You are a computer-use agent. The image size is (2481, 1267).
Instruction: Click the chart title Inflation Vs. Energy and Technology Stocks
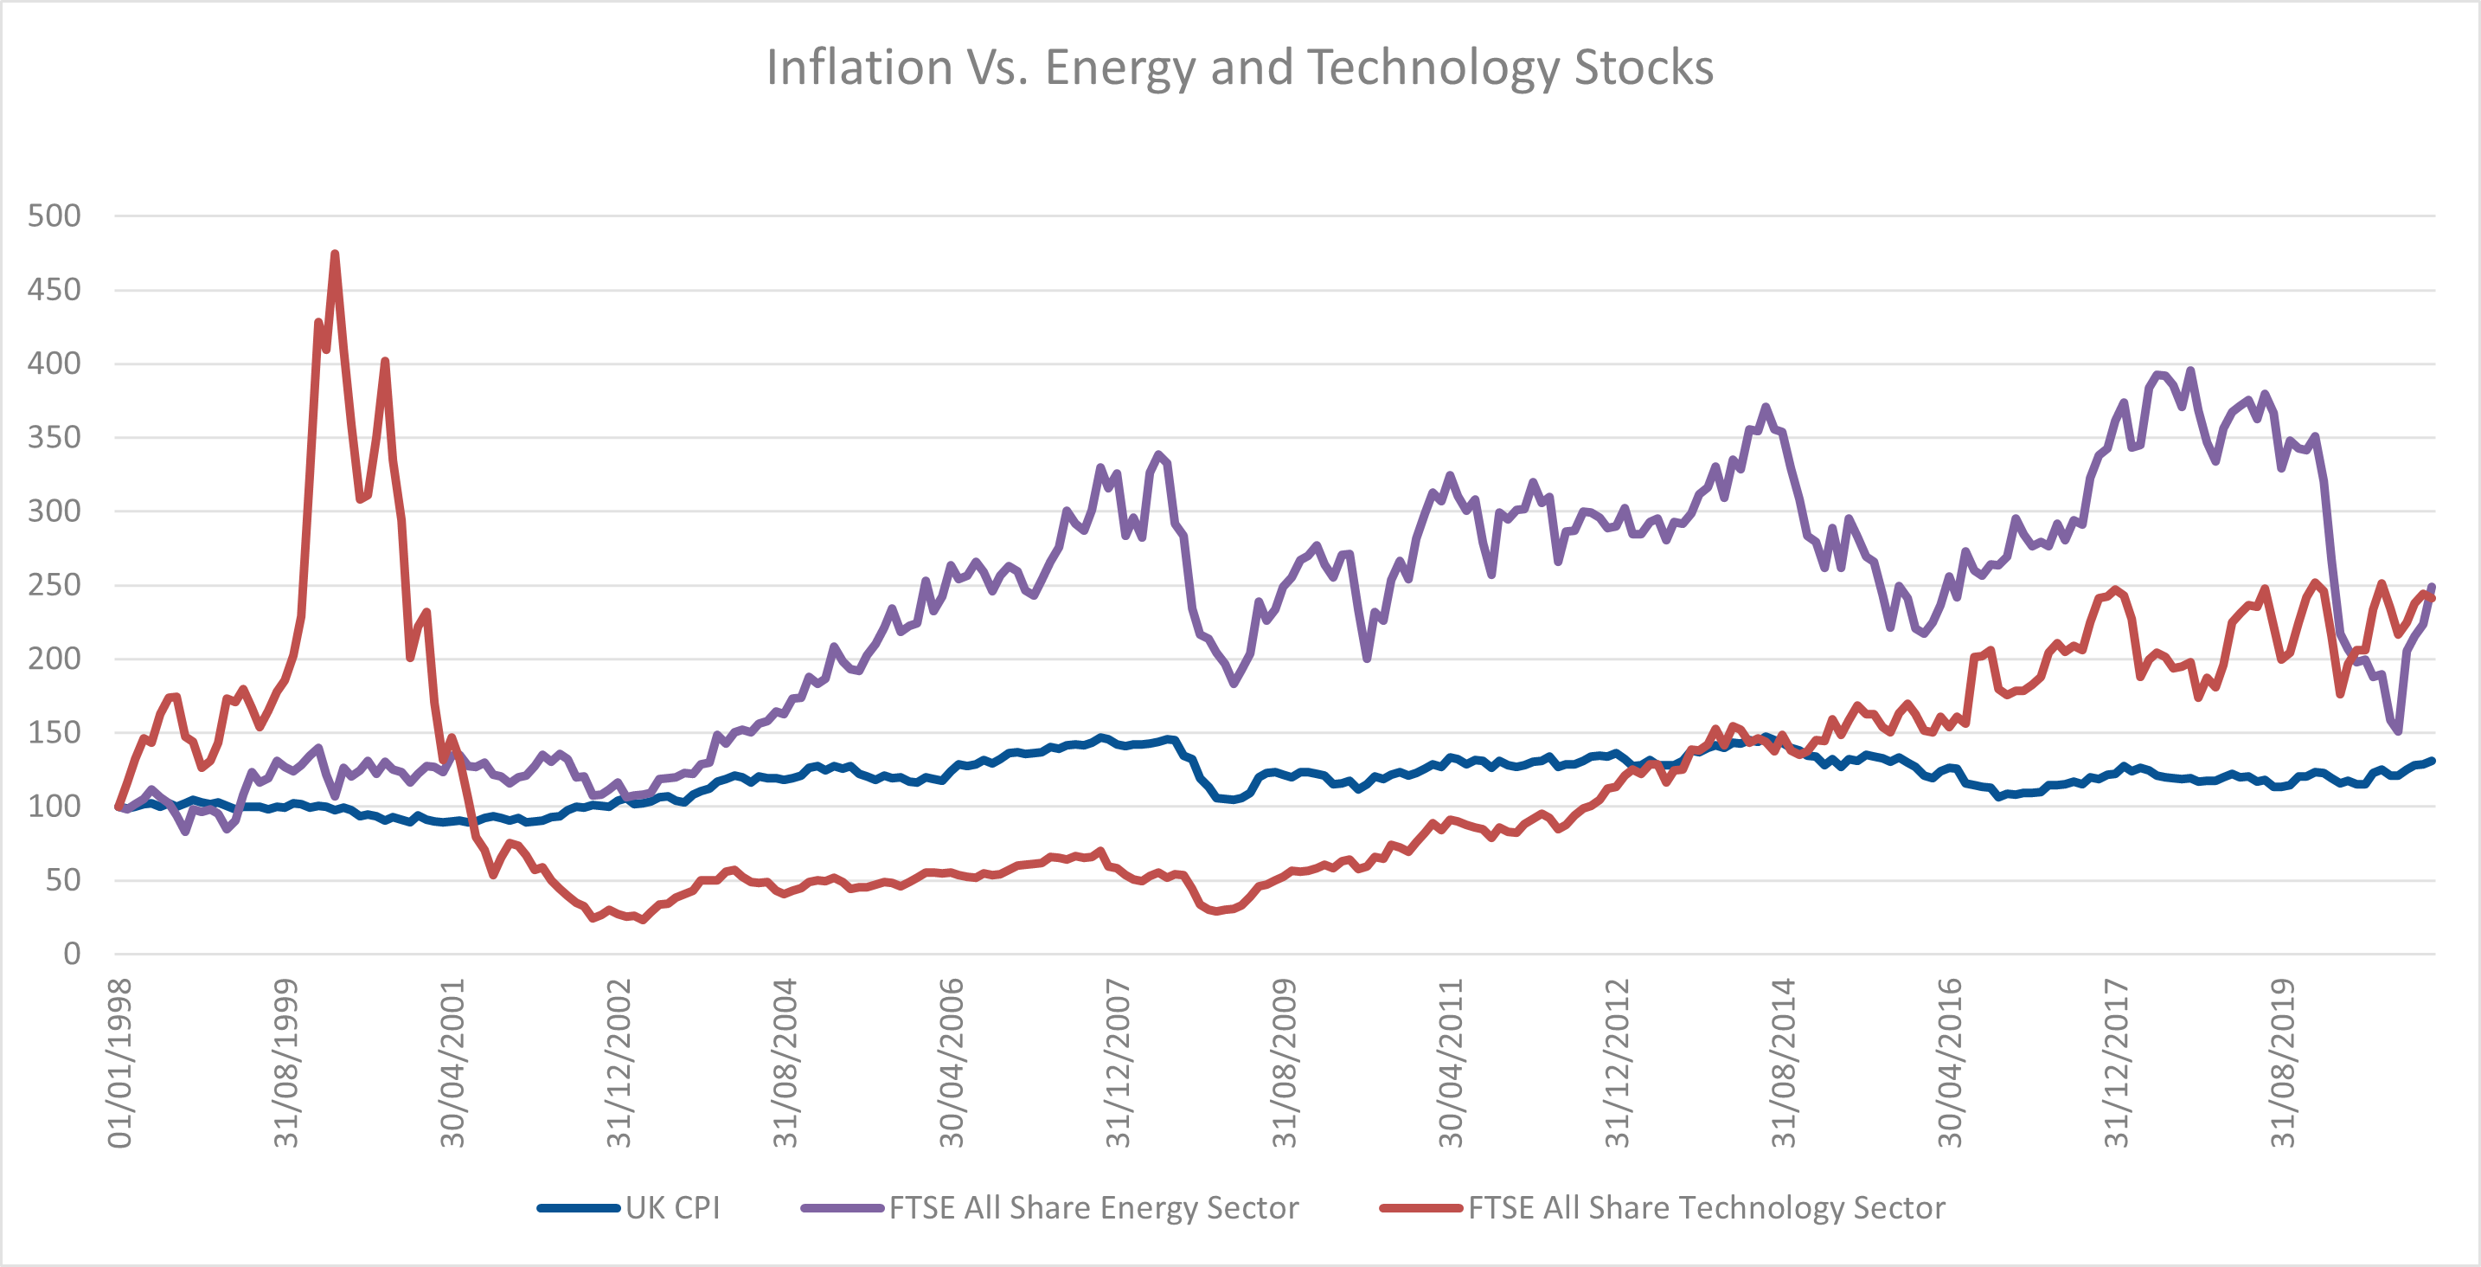tap(1240, 68)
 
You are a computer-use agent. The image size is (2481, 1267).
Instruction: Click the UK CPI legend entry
tap(672, 1207)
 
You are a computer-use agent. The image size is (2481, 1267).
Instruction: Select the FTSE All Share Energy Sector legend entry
tap(1093, 1207)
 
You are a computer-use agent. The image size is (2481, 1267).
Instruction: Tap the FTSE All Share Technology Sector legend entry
tap(1706, 1207)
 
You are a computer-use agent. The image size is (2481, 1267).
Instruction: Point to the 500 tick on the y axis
tap(54, 215)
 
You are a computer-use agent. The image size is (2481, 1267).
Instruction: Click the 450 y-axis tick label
tap(54, 290)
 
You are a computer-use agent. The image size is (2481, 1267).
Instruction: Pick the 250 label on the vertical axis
tap(54, 585)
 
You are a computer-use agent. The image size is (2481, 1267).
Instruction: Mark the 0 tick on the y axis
tap(71, 954)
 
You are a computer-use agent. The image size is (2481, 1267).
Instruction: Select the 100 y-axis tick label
tap(54, 807)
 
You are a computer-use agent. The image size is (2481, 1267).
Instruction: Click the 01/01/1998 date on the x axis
tap(119, 1064)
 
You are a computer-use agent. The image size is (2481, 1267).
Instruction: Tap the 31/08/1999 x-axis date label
tap(286, 1064)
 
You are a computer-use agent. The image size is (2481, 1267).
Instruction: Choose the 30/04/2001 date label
tap(452, 1064)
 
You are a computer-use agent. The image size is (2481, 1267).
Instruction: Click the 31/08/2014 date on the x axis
tap(1784, 1064)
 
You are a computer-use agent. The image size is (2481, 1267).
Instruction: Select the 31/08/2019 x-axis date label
tap(2283, 1064)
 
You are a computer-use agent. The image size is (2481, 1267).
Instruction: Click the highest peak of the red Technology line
tap(334, 254)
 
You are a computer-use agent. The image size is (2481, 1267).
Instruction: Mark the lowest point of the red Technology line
tap(644, 920)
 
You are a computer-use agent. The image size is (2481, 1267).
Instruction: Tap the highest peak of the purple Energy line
tap(2191, 371)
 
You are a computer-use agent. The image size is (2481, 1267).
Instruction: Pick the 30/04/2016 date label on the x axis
tap(1949, 1064)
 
